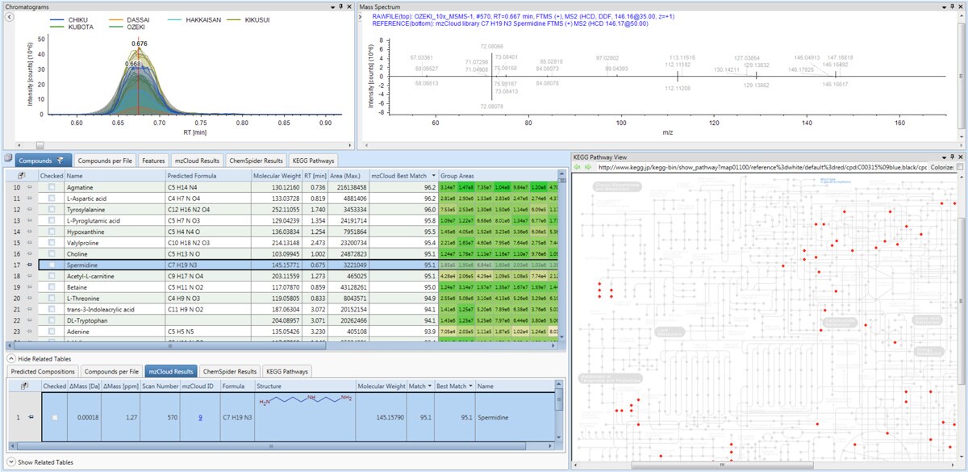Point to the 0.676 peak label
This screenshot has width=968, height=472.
[x=139, y=44]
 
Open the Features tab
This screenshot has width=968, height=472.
[x=153, y=161]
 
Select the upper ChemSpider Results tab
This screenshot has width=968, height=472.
[x=255, y=161]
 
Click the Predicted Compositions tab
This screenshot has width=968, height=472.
[x=44, y=372]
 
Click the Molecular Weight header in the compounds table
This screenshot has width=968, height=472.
[x=276, y=175]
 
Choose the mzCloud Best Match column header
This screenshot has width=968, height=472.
[x=400, y=175]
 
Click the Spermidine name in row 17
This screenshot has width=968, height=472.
[x=85, y=265]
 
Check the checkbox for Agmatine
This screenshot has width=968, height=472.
[x=52, y=187]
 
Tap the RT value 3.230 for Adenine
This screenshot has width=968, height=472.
[x=316, y=331]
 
